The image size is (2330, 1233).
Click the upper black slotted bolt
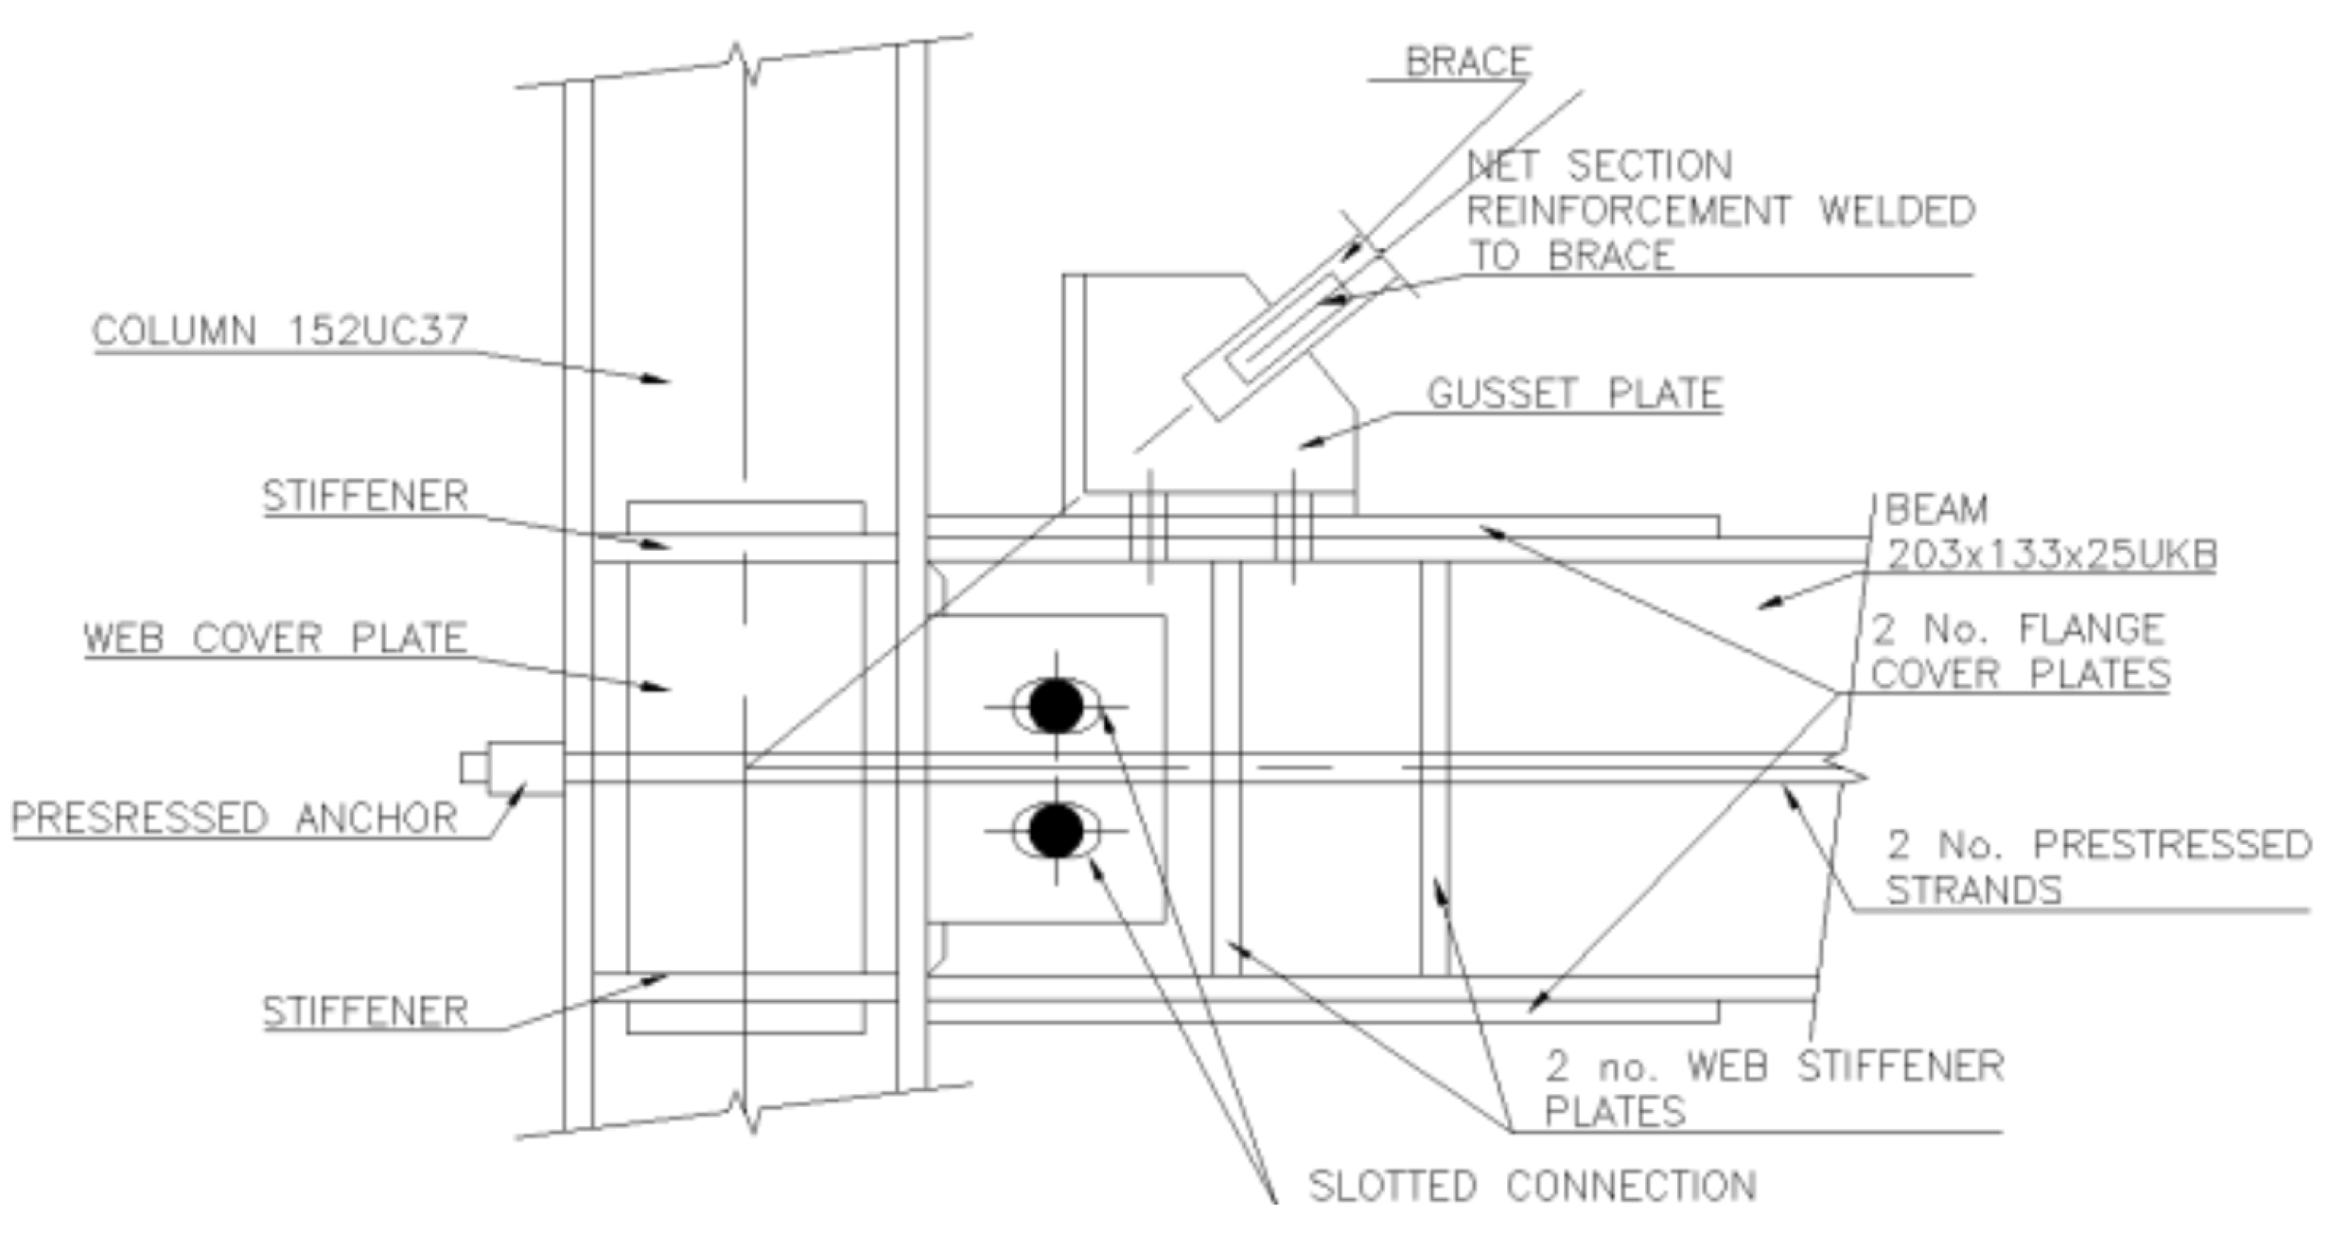(1055, 706)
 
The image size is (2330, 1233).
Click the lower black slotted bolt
(1055, 830)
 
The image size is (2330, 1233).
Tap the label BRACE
(1467, 62)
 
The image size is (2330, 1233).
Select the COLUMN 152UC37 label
(280, 331)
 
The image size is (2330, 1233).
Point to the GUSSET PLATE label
(1574, 394)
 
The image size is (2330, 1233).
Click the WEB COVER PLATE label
(275, 638)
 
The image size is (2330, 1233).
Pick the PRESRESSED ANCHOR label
(235, 818)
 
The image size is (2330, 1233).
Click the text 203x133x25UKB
(2051, 555)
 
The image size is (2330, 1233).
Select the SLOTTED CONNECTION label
(1532, 1185)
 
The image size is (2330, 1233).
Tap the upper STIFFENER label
(365, 496)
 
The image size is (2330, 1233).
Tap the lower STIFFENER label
(365, 1012)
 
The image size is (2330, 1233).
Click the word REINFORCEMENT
(1628, 210)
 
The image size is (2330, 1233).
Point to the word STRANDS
(1973, 890)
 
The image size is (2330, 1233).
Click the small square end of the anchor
(474, 767)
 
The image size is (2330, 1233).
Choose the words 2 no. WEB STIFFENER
(1775, 1066)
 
